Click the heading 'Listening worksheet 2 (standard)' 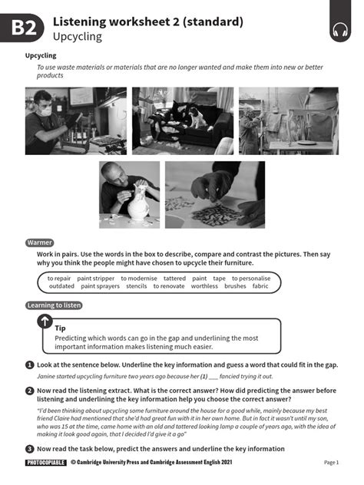(x=148, y=21)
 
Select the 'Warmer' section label (x=40, y=242)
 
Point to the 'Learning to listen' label (x=55, y=305)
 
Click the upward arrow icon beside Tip (x=45, y=322)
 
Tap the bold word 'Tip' (x=61, y=328)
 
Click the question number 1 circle (x=29, y=365)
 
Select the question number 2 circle (x=29, y=390)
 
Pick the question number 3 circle (x=29, y=448)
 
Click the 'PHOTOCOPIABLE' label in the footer (x=46, y=463)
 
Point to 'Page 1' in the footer (x=331, y=463)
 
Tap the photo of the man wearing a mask (x=74, y=120)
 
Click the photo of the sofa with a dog (x=182, y=120)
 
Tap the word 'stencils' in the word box (x=137, y=286)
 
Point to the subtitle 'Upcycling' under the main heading (x=78, y=36)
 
